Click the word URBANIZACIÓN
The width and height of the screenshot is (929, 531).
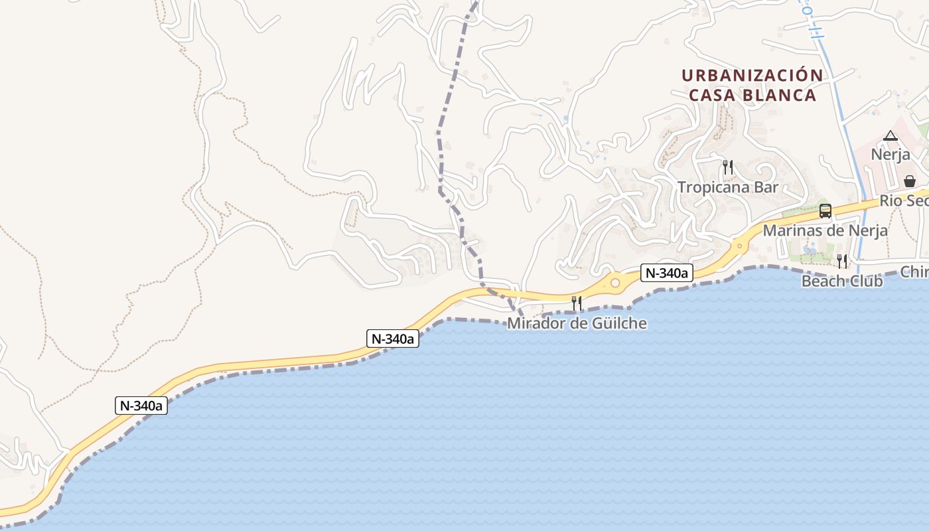752,76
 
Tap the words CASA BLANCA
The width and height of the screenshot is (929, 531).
752,96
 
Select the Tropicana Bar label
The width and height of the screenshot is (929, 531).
727,187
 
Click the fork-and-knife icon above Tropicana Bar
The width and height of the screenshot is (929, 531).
728,167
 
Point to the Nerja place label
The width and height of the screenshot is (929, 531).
890,155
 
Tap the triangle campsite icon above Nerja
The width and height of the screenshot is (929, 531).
890,136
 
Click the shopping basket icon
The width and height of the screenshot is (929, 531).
909,181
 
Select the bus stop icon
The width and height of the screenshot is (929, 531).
825,211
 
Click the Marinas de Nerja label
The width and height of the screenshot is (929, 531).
825,231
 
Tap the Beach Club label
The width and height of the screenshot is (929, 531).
841,281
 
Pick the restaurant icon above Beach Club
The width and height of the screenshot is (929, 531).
841,261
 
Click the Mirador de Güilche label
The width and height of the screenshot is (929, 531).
577,324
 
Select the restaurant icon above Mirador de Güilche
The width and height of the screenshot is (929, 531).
577,303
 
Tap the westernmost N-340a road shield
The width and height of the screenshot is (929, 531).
141,406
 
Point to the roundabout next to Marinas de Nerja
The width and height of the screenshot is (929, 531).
740,246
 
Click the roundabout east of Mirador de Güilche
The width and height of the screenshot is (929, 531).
615,283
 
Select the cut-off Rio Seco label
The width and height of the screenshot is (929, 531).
904,200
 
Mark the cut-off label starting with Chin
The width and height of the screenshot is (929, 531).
914,271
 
